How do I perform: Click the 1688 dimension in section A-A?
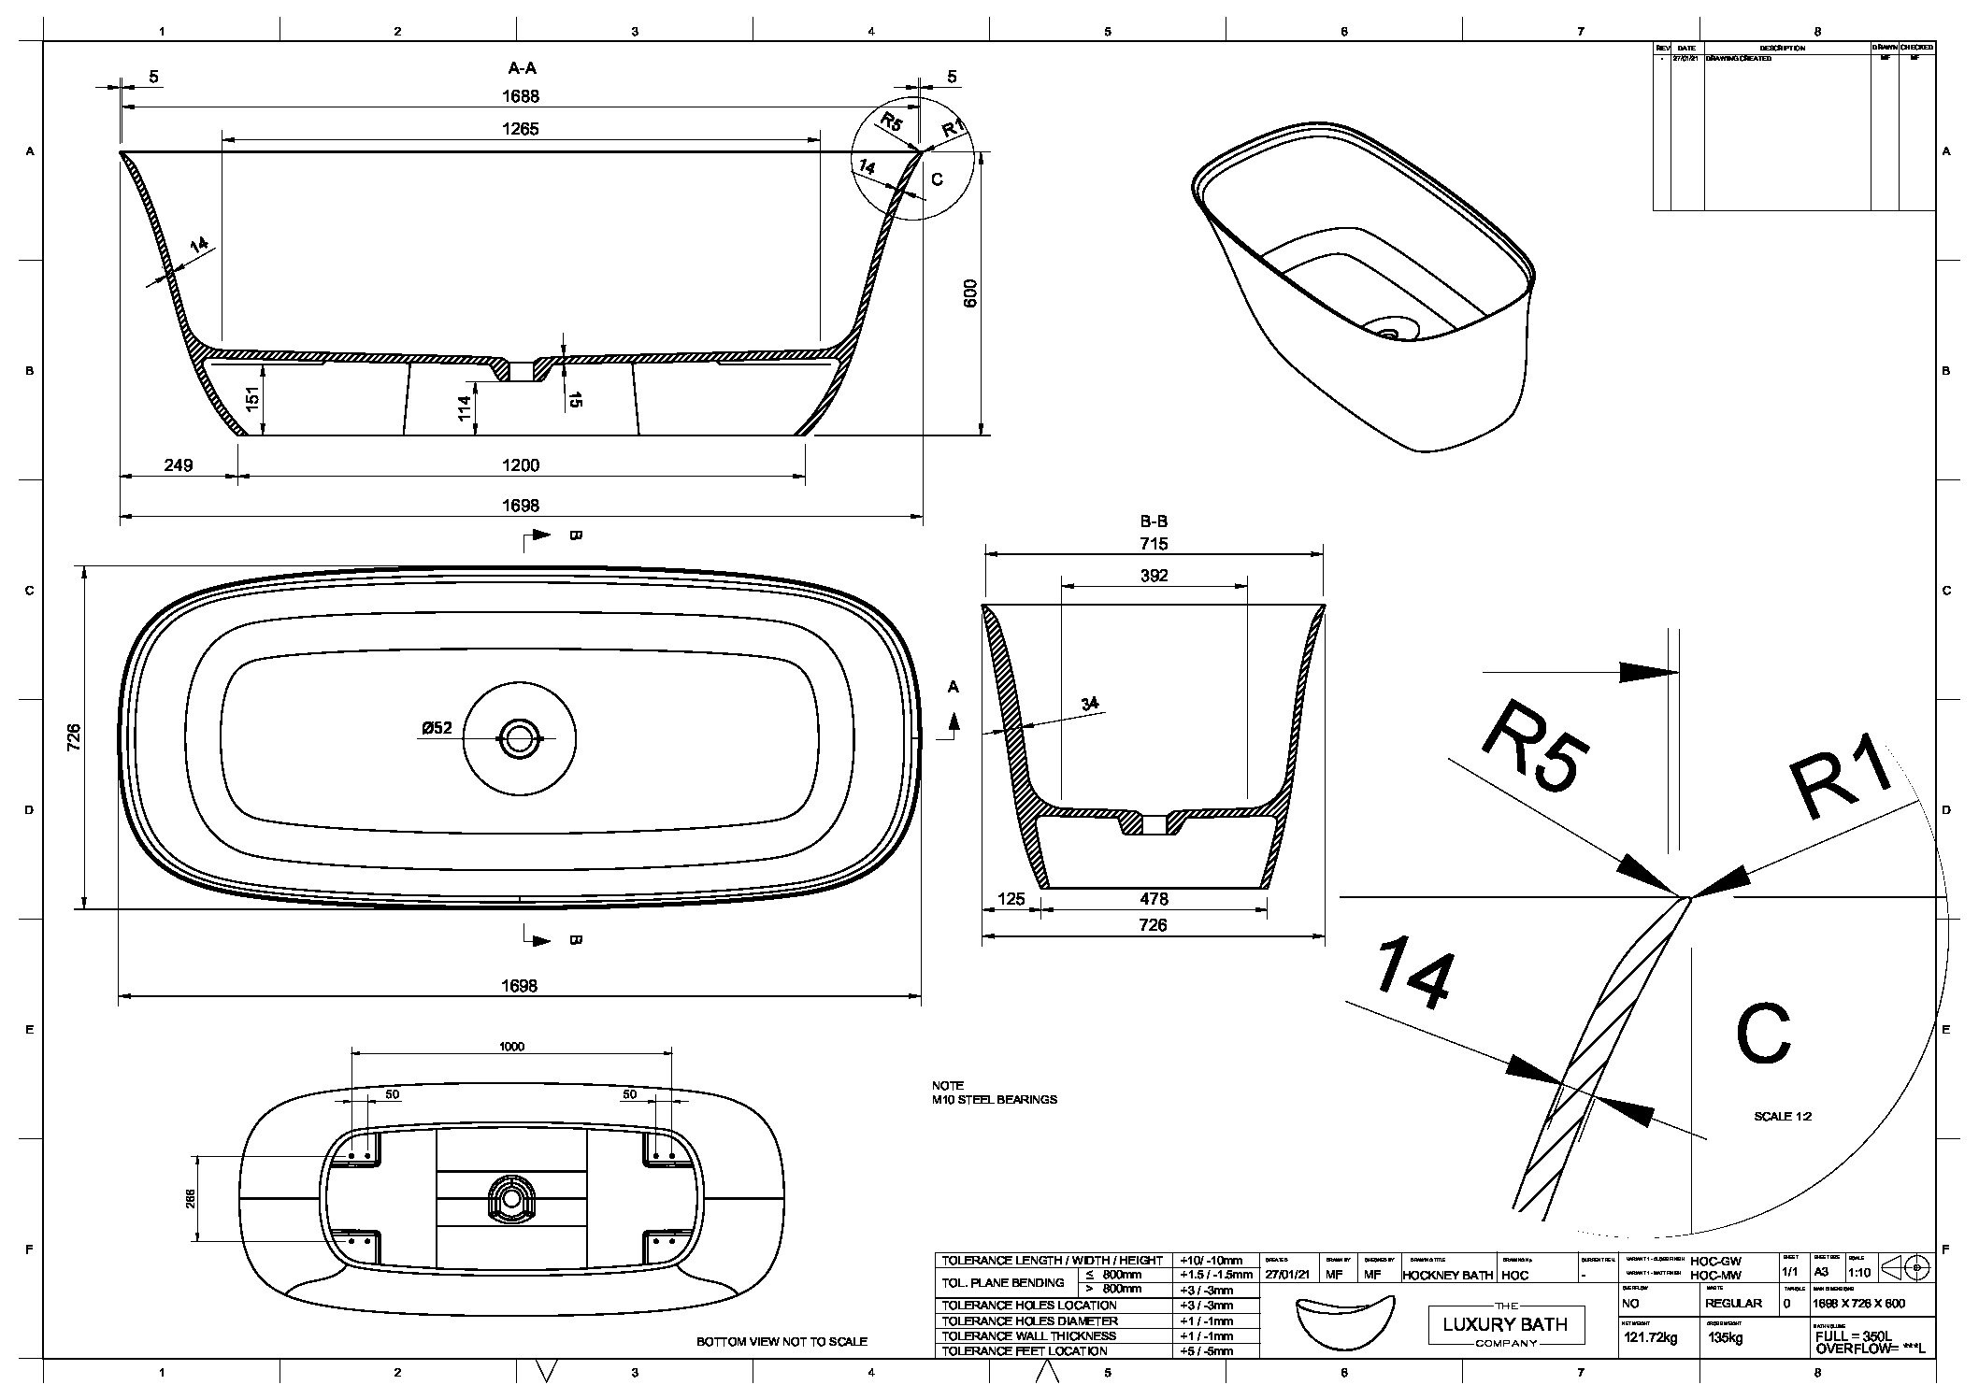[520, 96]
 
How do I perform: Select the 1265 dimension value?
[520, 129]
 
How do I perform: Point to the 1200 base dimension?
[521, 465]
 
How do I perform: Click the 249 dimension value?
[178, 465]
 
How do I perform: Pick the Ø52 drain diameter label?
[437, 728]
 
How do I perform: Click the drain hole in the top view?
[520, 738]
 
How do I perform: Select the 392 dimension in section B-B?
[1154, 576]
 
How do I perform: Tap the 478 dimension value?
[1154, 899]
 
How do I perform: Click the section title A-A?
[522, 68]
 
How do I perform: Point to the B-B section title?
[1154, 521]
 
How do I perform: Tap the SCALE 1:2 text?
[1783, 1117]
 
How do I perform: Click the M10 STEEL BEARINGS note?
[994, 1099]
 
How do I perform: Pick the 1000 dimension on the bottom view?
[511, 1047]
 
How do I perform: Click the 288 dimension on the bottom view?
[191, 1198]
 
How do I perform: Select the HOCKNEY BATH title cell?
[1448, 1275]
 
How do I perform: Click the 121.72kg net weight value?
[1650, 1337]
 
